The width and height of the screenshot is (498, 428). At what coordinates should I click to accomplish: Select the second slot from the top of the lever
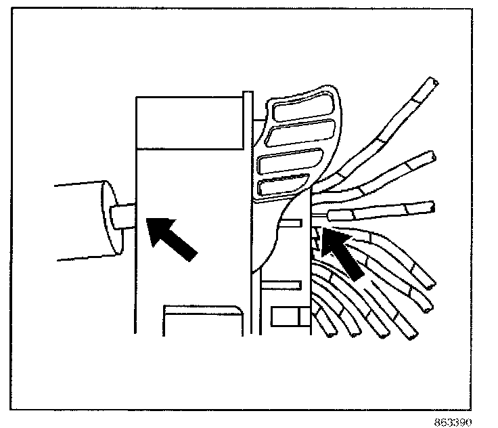pyautogui.click(x=298, y=132)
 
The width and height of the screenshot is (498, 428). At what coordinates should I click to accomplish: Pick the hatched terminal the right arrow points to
pyautogui.click(x=317, y=238)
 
